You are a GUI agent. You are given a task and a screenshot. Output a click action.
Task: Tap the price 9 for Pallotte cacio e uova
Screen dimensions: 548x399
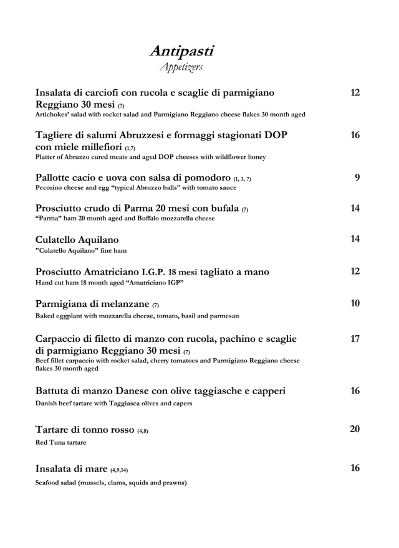pyautogui.click(x=357, y=177)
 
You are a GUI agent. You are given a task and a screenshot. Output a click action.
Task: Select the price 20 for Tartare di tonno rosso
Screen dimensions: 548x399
pyautogui.click(x=355, y=429)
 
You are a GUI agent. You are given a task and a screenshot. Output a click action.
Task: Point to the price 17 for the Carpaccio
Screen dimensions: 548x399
pyautogui.click(x=355, y=339)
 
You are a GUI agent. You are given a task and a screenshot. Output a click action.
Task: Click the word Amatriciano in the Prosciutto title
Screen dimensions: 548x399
pyautogui.click(x=137, y=272)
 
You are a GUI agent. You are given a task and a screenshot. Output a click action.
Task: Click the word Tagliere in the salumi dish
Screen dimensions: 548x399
pyautogui.click(x=59, y=136)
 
